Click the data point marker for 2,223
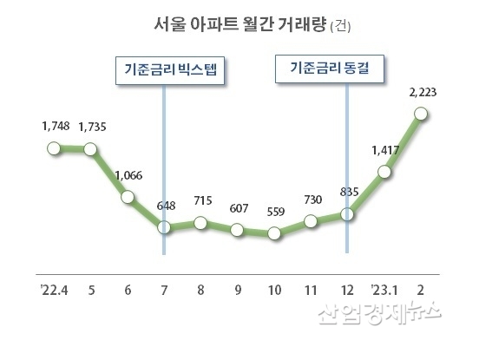[x=422, y=113]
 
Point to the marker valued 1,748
[x=55, y=149]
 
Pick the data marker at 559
[x=275, y=232]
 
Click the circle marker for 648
[x=164, y=228]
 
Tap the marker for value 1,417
[x=385, y=173]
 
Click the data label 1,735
[x=92, y=128]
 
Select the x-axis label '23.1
[x=384, y=289]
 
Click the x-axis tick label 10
[x=275, y=289]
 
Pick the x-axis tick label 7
[x=165, y=289]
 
